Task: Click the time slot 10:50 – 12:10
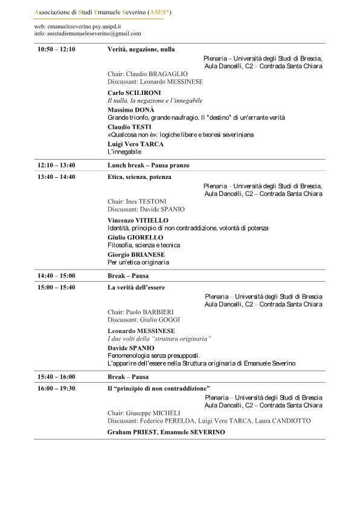coord(56,49)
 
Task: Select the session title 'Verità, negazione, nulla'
coord(141,49)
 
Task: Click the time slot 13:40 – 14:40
coord(56,177)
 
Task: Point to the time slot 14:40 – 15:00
coord(56,275)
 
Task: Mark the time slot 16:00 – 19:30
coord(56,387)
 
